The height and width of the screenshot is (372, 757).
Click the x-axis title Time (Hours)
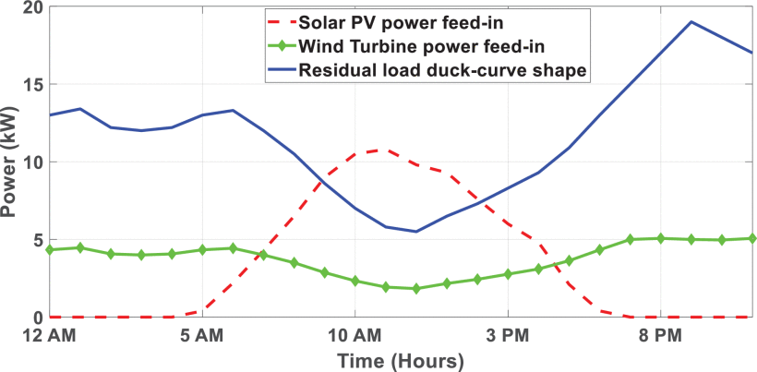tap(400, 358)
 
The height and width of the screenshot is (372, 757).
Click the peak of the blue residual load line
tap(691, 22)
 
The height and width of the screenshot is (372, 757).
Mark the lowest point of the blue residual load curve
tap(415, 232)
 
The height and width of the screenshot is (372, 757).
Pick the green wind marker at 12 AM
tap(50, 249)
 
